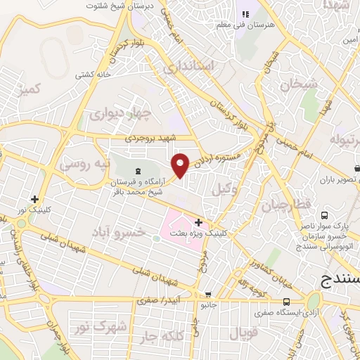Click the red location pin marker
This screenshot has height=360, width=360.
point(181,165)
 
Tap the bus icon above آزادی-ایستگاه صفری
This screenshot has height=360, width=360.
point(285,302)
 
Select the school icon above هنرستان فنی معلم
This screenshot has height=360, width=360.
point(245,14)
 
